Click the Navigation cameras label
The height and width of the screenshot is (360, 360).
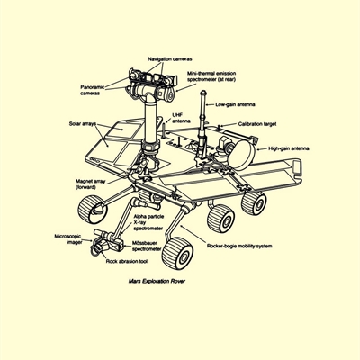[x=170, y=59]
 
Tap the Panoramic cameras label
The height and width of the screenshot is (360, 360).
[x=93, y=90]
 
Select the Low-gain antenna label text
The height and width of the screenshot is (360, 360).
[x=235, y=104]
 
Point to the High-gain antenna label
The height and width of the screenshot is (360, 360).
[x=289, y=148]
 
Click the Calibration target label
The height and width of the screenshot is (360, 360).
[x=257, y=124]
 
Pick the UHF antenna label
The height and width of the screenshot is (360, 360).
[x=181, y=118]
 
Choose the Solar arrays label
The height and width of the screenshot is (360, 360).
[x=83, y=123]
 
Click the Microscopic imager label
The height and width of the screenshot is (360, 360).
[x=68, y=239]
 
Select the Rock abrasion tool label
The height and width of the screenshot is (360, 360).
[x=127, y=261]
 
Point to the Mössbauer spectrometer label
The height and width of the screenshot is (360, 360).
[x=147, y=246]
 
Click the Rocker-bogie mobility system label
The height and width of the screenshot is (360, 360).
[x=239, y=247]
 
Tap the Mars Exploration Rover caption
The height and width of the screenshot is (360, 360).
[x=157, y=281]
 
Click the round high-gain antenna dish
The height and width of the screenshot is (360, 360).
[x=241, y=154]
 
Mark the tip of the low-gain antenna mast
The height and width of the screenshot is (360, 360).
[x=203, y=91]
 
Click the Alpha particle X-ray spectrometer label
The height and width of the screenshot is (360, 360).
[x=148, y=222]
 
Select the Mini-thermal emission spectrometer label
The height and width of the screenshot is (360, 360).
[x=211, y=76]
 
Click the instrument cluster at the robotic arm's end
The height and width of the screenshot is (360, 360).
[x=106, y=242]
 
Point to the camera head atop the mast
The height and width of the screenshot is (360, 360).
[x=152, y=84]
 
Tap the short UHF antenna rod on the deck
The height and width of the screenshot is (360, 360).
[x=164, y=130]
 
